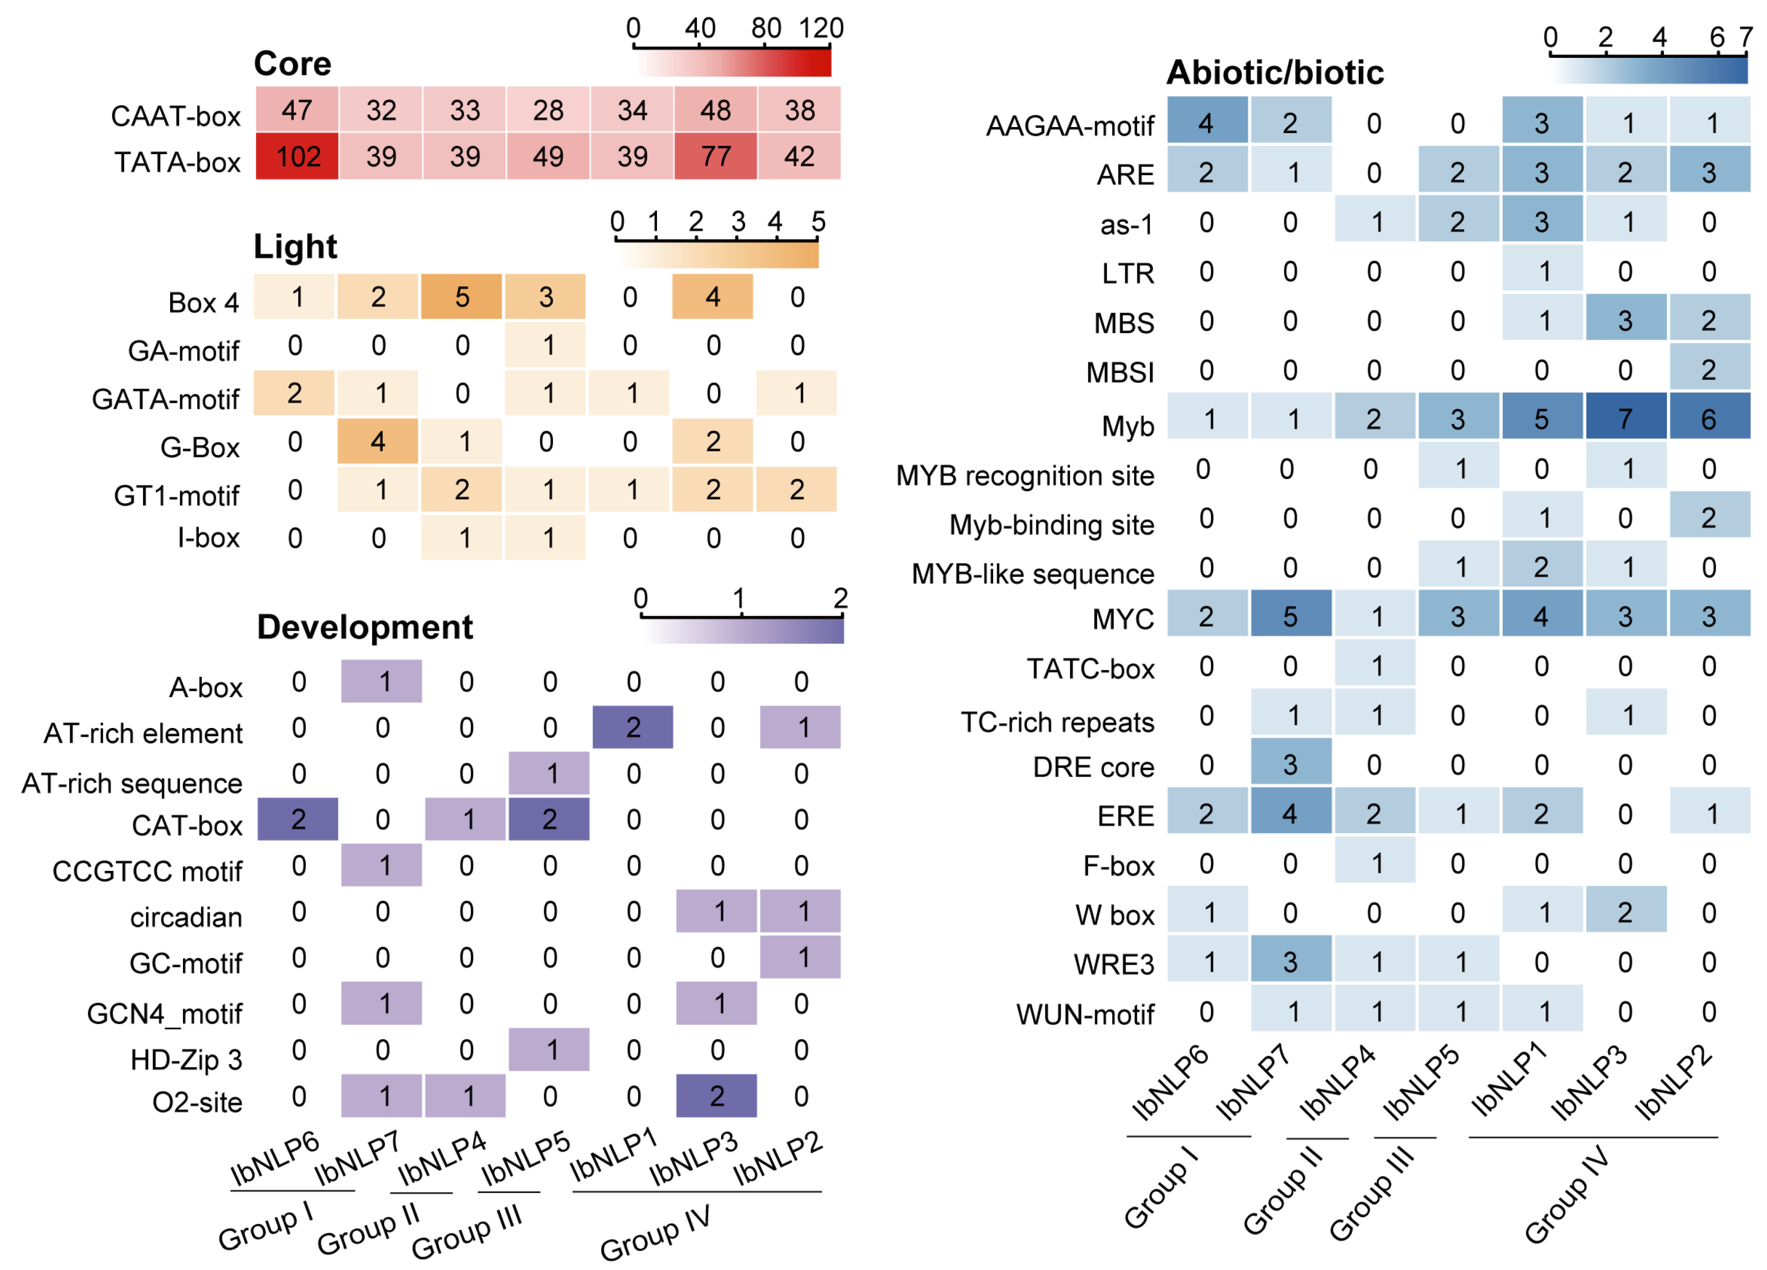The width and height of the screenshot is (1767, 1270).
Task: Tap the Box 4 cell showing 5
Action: click(x=462, y=297)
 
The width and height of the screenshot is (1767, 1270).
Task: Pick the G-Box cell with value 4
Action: click(x=378, y=442)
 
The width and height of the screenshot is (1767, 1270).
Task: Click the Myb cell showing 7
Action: click(x=1625, y=419)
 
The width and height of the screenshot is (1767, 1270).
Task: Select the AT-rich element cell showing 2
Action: click(x=632, y=727)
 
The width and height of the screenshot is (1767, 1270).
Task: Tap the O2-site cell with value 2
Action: click(x=716, y=1096)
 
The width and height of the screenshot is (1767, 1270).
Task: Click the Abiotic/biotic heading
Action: click(x=1275, y=72)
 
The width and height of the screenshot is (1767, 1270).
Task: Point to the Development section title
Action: click(x=364, y=627)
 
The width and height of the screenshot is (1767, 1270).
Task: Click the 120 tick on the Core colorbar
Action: click(x=821, y=29)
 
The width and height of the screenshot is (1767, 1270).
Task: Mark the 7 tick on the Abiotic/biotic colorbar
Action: click(x=1746, y=36)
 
